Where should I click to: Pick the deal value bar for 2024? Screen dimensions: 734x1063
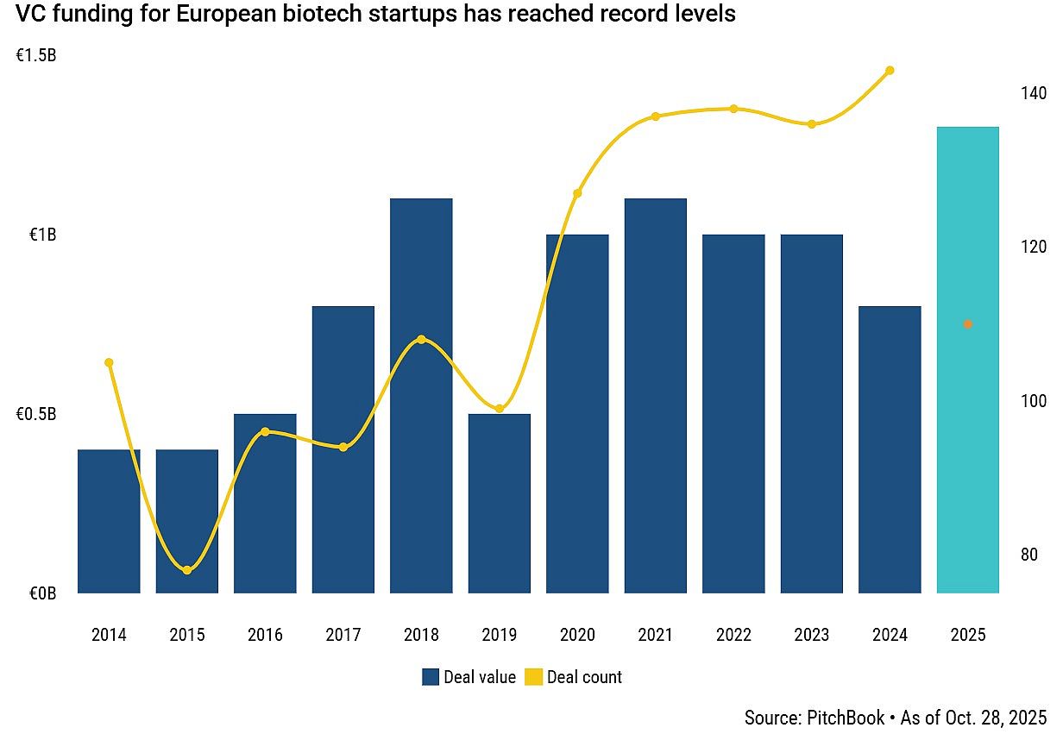(890, 449)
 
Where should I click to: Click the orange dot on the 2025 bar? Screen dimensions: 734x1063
(968, 324)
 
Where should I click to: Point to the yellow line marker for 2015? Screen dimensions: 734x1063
(187, 570)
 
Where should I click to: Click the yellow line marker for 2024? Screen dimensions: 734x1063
(890, 71)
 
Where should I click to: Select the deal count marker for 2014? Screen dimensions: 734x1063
(109, 362)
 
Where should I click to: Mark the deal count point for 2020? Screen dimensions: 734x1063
(577, 193)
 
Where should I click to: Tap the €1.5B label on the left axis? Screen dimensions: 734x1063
(36, 56)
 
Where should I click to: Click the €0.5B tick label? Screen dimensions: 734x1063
(36, 415)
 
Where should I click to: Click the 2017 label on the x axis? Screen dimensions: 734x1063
(343, 636)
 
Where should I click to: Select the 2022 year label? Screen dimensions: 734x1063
(733, 636)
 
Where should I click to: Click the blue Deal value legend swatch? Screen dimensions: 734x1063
(431, 677)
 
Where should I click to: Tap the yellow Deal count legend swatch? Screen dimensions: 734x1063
(533, 677)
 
